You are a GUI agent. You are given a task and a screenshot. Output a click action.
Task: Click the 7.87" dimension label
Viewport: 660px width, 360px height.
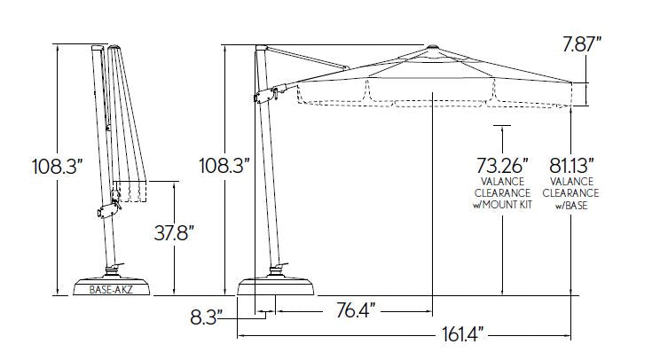(582, 44)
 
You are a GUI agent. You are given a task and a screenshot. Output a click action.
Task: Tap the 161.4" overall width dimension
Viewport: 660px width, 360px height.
(463, 335)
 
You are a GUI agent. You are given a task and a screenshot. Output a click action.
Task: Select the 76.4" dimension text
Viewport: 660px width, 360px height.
(356, 311)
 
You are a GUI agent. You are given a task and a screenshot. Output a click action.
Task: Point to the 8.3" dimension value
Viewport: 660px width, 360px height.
(206, 317)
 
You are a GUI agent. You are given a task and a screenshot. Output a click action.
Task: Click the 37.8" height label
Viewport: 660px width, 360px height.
(174, 233)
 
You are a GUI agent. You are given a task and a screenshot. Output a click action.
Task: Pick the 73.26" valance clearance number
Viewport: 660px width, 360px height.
(502, 165)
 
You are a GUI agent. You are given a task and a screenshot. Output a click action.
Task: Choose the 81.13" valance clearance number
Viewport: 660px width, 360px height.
(571, 165)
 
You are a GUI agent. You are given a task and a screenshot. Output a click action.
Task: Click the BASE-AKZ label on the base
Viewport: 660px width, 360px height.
(111, 290)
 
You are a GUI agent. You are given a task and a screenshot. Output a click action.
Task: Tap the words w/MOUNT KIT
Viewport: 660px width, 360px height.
(503, 205)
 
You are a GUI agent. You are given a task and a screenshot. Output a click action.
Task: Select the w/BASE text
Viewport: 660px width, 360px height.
(571, 206)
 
